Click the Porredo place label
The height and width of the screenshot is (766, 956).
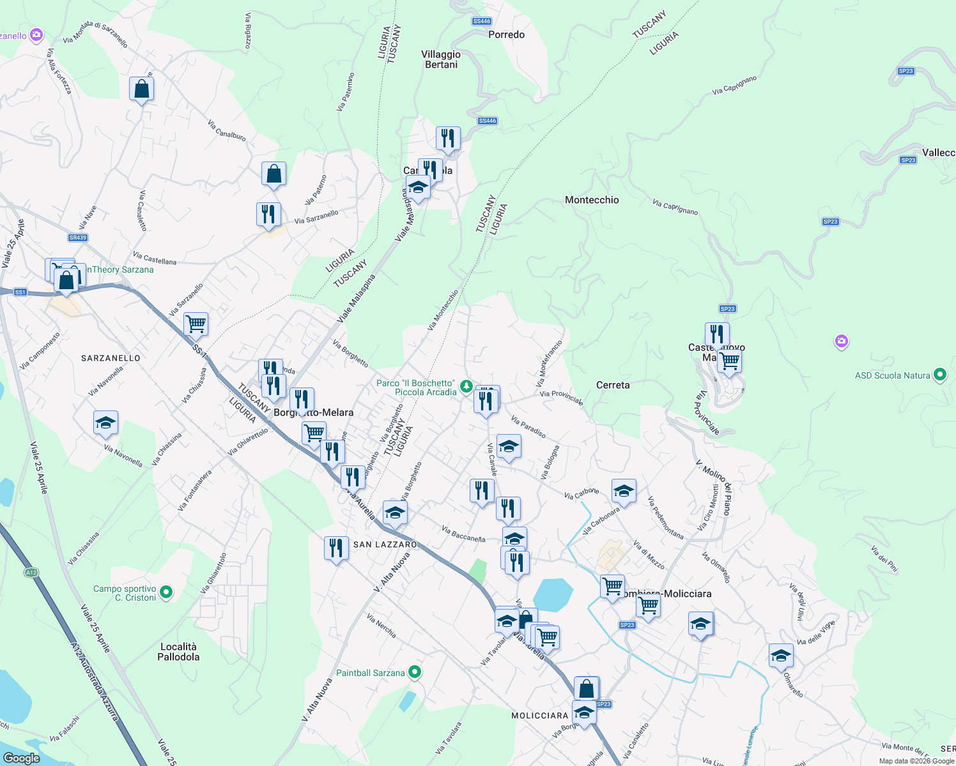click(x=506, y=34)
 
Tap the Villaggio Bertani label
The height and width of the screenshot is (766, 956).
click(x=441, y=59)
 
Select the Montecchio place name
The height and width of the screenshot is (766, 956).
click(x=592, y=200)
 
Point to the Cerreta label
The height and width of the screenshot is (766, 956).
click(x=612, y=385)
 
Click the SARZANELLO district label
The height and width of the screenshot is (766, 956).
click(x=111, y=358)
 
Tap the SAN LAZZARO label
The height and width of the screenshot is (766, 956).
click(x=385, y=544)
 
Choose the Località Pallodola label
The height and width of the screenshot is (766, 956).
click(x=178, y=652)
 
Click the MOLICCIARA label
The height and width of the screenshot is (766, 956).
click(x=540, y=716)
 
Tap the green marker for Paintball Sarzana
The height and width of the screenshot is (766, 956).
click(x=415, y=672)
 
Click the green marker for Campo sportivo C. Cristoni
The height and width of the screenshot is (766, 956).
click(x=166, y=592)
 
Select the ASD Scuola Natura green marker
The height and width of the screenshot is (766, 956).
click(x=939, y=375)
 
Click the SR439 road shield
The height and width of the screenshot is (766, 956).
click(x=78, y=237)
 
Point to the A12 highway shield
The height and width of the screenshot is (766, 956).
click(x=31, y=573)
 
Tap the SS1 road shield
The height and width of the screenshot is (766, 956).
click(x=20, y=292)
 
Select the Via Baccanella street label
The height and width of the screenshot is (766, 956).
click(x=463, y=534)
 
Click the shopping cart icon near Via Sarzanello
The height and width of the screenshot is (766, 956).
click(x=196, y=323)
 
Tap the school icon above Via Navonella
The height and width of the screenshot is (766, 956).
click(x=105, y=423)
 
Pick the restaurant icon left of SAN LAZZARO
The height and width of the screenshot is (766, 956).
click(x=335, y=548)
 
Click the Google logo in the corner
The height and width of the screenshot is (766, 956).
click(x=21, y=758)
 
